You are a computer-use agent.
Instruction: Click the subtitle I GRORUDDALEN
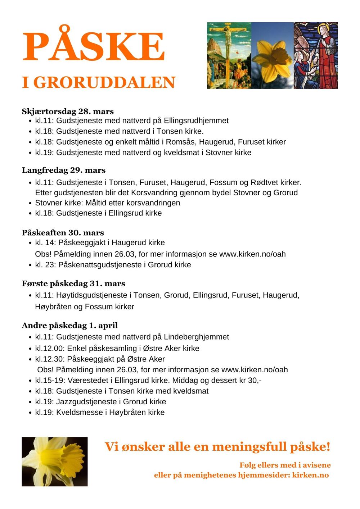[98, 83]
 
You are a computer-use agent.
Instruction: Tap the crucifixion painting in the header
[229, 55]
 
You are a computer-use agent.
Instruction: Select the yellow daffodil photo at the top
[273, 55]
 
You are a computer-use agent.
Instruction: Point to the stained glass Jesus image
[316, 55]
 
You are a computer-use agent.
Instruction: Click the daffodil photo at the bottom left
[54, 462]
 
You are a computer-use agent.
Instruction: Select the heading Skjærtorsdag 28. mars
[68, 111]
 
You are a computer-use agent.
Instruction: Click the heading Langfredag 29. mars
[64, 170]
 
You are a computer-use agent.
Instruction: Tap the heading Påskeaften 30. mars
[63, 233]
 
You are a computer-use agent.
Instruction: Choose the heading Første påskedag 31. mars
[73, 284]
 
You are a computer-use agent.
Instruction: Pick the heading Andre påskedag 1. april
[70, 326]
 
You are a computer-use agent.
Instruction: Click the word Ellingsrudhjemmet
[196, 121]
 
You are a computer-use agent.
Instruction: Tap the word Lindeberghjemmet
[196, 337]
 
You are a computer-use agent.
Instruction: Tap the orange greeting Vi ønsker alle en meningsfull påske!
[217, 447]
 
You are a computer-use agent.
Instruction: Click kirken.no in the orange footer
[310, 475]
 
